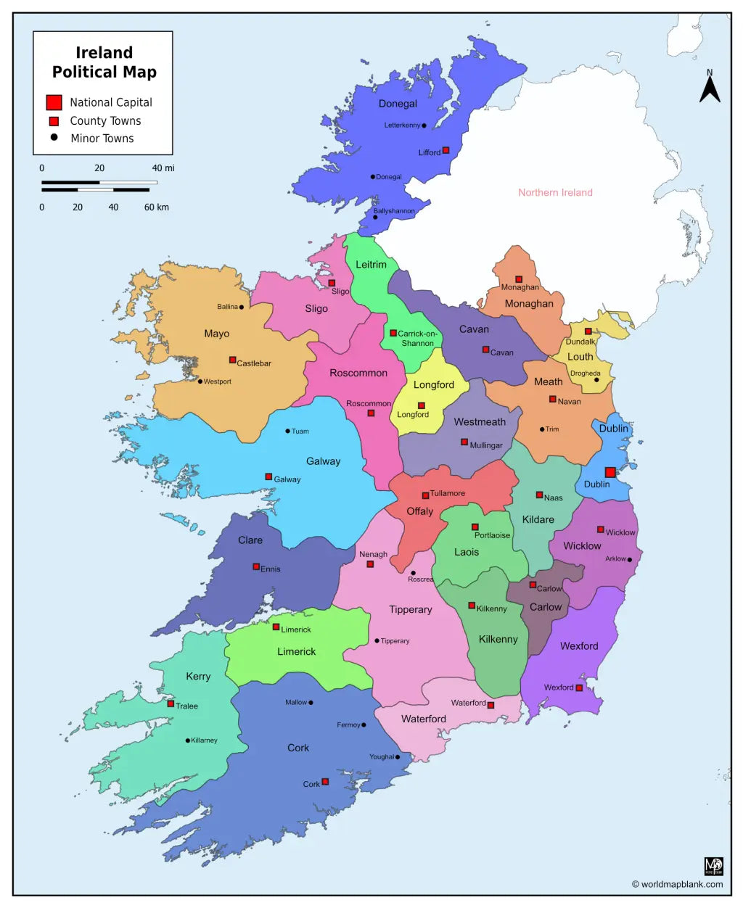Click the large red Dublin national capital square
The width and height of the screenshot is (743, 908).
pos(610,472)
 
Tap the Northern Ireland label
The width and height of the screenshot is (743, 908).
pos(555,192)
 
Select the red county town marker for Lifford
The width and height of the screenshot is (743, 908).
pos(446,150)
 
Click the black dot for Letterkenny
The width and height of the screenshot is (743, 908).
pos(424,125)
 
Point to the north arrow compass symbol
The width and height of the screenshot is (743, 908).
pos(710,87)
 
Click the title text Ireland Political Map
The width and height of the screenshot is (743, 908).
pos(104,62)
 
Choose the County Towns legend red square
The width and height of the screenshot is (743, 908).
pos(54,121)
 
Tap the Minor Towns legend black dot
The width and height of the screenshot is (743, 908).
pos(54,137)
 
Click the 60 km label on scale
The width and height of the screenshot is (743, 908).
pos(156,207)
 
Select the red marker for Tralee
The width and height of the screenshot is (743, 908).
pos(171,703)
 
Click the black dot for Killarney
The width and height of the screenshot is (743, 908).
pos(187,740)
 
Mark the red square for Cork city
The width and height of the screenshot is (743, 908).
pos(325,782)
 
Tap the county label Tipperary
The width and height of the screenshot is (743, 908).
pos(410,610)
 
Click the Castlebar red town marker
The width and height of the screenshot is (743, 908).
pos(232,360)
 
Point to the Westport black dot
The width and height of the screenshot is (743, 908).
pos(200,381)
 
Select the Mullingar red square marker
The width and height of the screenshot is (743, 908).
pos(464,442)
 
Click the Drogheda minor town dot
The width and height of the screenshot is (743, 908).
pos(596,380)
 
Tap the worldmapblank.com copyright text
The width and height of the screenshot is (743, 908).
pos(677,884)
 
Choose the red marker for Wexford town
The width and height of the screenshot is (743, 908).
pos(579,688)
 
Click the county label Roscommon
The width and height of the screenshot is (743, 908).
pos(358,373)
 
